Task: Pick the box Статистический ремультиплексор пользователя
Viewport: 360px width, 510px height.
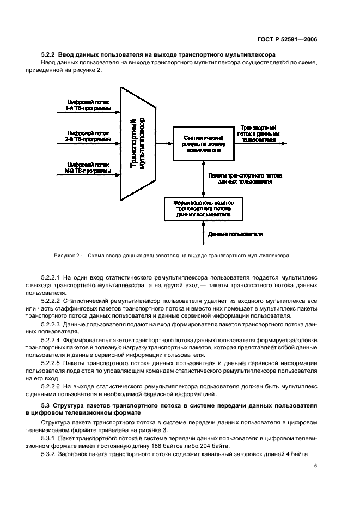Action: click(x=204, y=143)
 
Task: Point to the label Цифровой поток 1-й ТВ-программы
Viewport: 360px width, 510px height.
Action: click(x=88, y=105)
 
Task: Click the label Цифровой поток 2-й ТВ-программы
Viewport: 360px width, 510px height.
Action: click(x=88, y=136)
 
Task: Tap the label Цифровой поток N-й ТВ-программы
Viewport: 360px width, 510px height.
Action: click(x=88, y=168)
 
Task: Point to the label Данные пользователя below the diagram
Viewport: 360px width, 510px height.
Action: click(x=235, y=234)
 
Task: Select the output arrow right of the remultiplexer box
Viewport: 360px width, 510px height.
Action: click(x=261, y=144)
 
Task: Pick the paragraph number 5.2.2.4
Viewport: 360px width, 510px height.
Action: click(x=52, y=341)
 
